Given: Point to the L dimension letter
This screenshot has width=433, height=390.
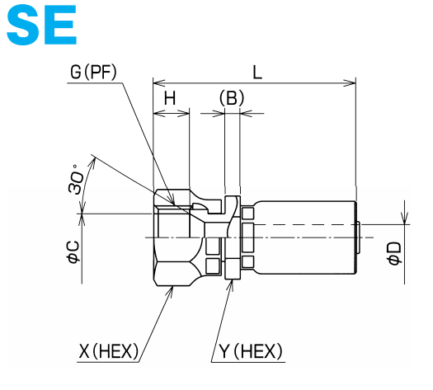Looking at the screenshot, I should (257, 73).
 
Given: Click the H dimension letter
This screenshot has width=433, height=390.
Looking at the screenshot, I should (170, 99).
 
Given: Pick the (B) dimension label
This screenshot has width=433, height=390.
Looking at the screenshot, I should (232, 99).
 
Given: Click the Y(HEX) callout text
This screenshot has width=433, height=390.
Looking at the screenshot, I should (251, 351).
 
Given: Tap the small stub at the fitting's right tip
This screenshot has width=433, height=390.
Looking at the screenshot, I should (360, 237).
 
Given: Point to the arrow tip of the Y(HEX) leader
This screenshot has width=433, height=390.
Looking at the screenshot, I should (232, 283).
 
